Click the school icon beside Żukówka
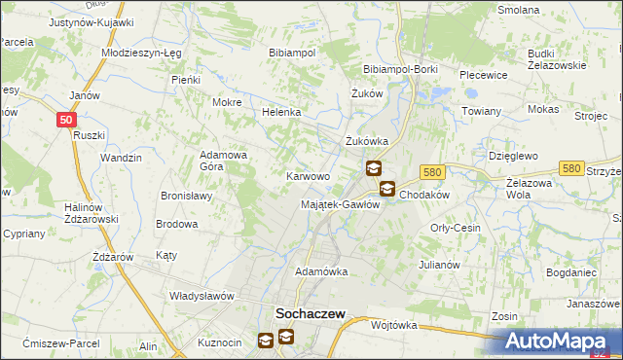[x=374, y=168]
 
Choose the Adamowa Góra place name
[x=225, y=161]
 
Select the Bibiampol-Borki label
[x=400, y=70]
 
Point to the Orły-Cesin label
[x=456, y=227]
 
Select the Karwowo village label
[x=307, y=177]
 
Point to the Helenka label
[x=281, y=112]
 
